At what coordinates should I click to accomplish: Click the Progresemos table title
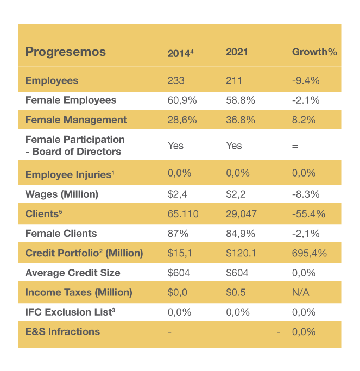click(x=66, y=52)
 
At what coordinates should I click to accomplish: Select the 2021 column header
click(x=237, y=52)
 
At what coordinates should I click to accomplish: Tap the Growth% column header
click(x=314, y=52)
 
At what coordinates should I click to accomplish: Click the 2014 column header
click(x=180, y=53)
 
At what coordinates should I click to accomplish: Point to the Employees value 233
click(x=176, y=81)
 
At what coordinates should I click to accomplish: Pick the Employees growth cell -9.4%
click(x=306, y=81)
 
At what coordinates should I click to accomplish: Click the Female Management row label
click(x=76, y=120)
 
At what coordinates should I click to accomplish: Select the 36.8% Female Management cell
click(x=241, y=120)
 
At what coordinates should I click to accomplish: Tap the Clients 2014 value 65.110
click(x=183, y=214)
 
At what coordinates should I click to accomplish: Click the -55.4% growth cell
click(x=308, y=214)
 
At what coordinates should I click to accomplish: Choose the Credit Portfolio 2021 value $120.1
click(x=241, y=253)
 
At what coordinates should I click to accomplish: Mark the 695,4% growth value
click(x=308, y=253)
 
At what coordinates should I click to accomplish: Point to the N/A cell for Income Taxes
click(x=301, y=292)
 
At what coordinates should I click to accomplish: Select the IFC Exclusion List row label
click(x=71, y=312)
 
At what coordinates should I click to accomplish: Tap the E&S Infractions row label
click(x=62, y=331)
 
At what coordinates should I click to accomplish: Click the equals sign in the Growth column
click(x=295, y=146)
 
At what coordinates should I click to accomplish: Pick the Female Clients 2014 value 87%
click(x=178, y=234)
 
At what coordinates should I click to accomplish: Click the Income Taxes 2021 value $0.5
click(x=236, y=292)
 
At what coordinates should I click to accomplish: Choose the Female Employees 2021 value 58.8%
click(x=241, y=100)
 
